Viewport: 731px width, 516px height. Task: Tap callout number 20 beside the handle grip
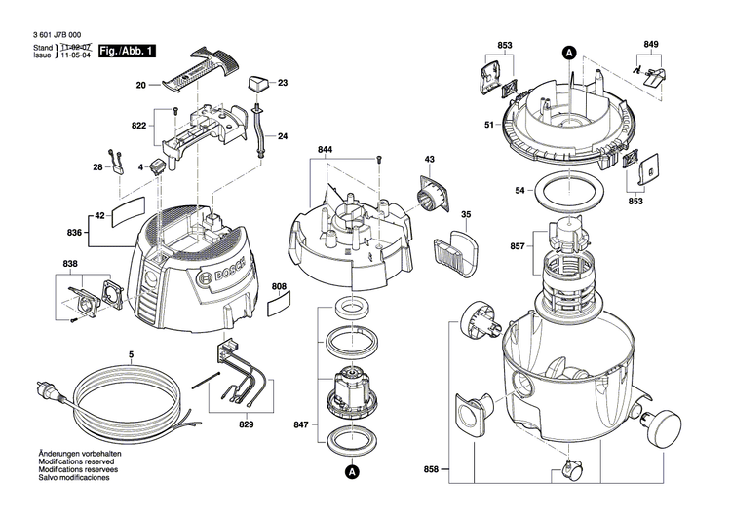tap(140, 87)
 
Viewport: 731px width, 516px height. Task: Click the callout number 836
tap(75, 232)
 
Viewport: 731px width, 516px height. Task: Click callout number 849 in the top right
tap(650, 44)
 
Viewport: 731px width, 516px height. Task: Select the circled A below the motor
tap(349, 471)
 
